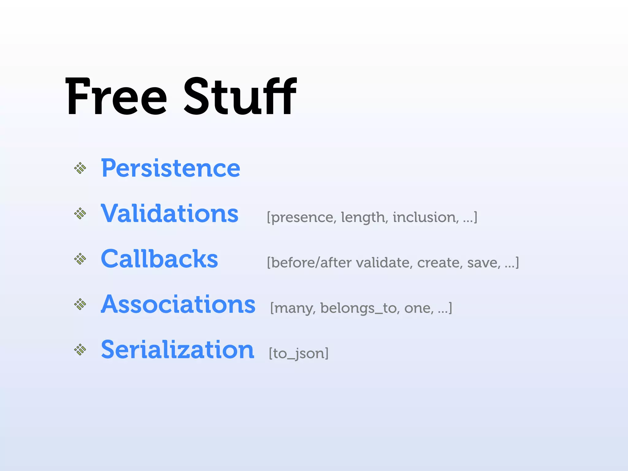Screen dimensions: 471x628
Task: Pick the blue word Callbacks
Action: click(159, 259)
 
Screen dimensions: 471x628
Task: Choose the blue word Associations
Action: click(178, 304)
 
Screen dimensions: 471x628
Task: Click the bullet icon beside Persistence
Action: click(80, 168)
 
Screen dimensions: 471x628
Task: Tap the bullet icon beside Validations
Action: click(80, 213)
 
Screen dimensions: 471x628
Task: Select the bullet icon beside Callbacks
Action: click(80, 259)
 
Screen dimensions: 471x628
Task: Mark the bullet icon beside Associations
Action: click(80, 304)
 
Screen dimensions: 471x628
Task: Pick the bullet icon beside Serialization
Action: click(80, 350)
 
